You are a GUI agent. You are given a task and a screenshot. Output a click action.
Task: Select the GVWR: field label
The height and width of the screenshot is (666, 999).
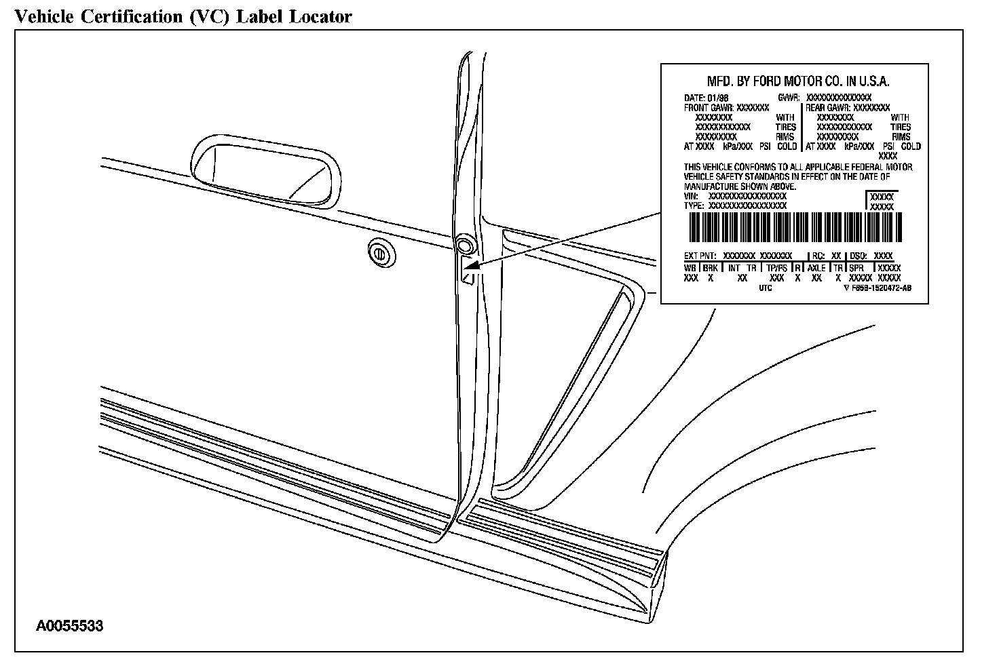tap(789, 98)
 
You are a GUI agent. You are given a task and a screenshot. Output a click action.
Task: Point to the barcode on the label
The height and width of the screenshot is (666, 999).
tap(795, 228)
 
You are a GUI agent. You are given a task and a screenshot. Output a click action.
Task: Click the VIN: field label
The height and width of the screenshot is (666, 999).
tap(692, 196)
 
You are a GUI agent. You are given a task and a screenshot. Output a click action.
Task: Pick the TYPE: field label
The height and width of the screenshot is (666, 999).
tap(694, 205)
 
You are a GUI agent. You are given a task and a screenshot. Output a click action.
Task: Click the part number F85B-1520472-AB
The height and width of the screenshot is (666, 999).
tap(881, 288)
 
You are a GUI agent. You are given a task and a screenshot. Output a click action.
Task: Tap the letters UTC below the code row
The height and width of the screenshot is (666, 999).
tap(766, 288)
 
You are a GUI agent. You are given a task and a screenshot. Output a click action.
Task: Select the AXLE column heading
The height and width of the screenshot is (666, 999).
tap(816, 269)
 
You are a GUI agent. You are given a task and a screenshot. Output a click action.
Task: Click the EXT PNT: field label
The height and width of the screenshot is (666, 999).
tap(700, 256)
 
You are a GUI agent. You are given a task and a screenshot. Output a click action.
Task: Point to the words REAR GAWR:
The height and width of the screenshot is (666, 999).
tap(827, 107)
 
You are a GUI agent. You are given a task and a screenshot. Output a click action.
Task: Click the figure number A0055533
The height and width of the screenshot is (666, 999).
tap(70, 626)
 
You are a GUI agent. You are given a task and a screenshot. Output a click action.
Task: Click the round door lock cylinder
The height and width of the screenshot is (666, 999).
tap(380, 252)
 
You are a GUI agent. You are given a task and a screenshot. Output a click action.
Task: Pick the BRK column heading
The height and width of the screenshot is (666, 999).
tap(711, 269)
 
